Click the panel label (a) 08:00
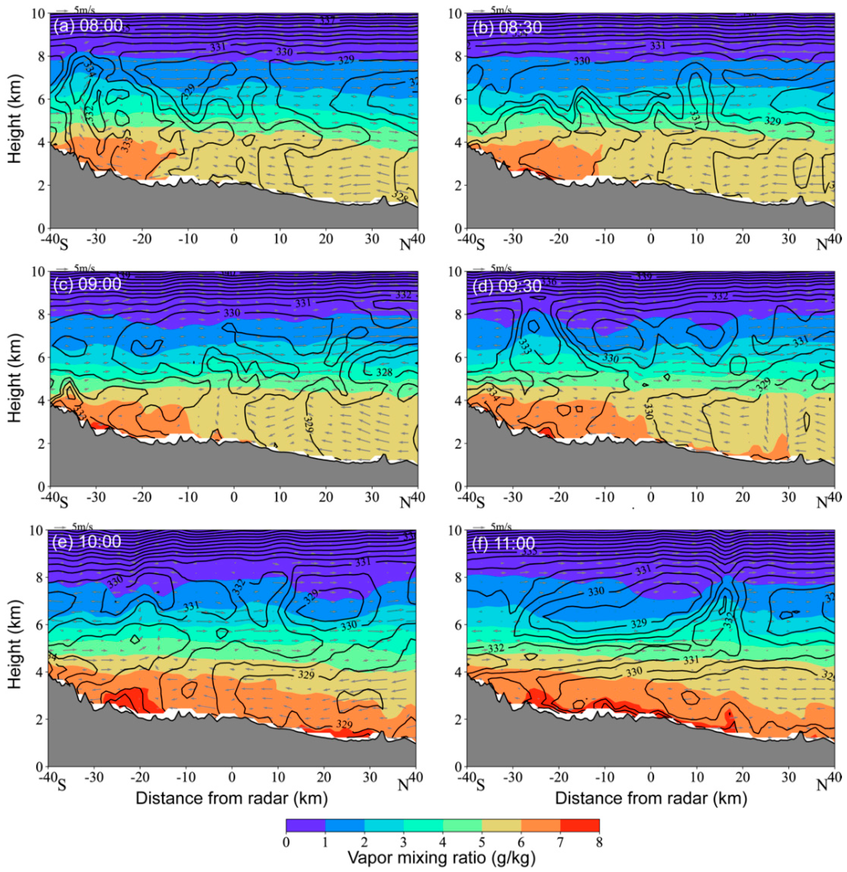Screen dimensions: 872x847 [x=88, y=26]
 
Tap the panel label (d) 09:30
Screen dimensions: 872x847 [x=507, y=285]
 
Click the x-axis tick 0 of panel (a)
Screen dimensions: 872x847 [x=234, y=239]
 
